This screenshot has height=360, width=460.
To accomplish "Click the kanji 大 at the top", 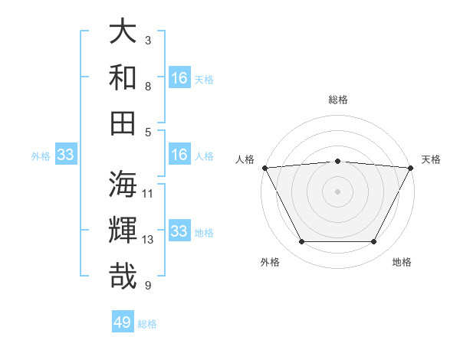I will (x=123, y=31).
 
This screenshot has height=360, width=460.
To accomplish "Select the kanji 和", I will (x=123, y=77).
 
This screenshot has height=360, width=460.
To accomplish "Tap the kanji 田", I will (x=123, y=123).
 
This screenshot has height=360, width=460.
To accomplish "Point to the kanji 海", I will (x=123, y=185).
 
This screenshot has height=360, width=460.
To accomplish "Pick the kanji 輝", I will (x=123, y=231).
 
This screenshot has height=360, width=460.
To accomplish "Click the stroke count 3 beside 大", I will (x=148, y=40).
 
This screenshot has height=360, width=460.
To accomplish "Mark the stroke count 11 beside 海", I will (x=149, y=193).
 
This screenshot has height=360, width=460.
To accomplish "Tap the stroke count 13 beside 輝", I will (x=149, y=239).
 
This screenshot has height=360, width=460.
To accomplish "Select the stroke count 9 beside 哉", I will (x=148, y=286).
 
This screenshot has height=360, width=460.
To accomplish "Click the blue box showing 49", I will (x=123, y=322).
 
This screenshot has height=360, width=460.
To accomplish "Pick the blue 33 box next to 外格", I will (x=66, y=155).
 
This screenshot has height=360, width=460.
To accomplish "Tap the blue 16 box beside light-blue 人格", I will (x=179, y=155).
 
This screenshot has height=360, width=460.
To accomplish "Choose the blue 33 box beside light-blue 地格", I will (x=179, y=232).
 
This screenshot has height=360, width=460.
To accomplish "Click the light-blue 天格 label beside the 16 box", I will (x=203, y=79).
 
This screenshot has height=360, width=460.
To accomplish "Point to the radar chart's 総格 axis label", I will (x=338, y=100).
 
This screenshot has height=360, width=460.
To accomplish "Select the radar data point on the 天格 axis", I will (x=412, y=168).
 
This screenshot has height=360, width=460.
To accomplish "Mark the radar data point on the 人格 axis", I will (x=264, y=168).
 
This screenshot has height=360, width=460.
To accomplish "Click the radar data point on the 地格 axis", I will (x=374, y=242).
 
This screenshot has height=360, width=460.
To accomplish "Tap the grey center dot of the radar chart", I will (x=337, y=191).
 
